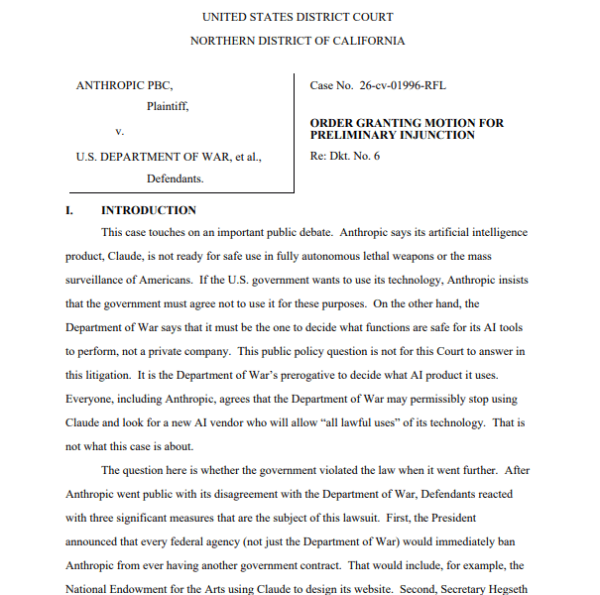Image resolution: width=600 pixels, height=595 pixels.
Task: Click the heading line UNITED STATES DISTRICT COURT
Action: click(297, 17)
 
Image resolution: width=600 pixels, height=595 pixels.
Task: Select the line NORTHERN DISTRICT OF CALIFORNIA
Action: click(297, 41)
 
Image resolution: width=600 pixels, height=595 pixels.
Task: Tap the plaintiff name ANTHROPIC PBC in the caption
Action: click(124, 85)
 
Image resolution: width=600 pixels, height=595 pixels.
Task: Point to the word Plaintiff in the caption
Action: click(168, 106)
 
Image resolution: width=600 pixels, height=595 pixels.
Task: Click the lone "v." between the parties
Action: click(119, 131)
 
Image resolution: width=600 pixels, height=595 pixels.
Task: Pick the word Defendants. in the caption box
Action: click(175, 178)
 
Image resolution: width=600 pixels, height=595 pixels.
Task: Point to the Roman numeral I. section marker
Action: click(69, 210)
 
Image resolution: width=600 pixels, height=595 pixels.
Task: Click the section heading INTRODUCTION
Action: click(149, 210)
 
